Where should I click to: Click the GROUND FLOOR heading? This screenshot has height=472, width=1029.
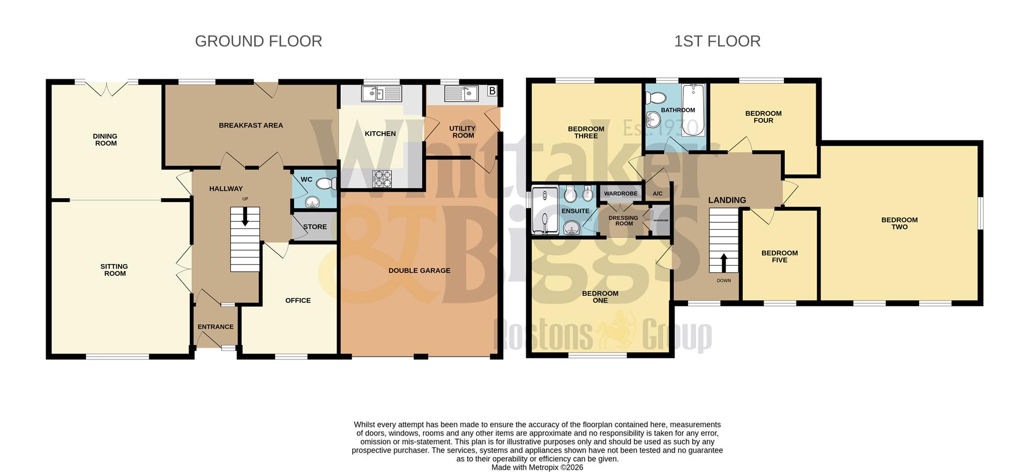(258, 41)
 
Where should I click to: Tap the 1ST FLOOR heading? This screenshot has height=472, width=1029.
(717, 41)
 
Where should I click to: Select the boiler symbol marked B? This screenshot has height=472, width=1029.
(492, 91)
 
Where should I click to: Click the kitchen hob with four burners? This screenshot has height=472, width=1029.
(382, 178)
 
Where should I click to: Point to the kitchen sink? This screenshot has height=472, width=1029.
(381, 94)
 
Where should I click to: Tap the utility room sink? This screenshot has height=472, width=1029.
(461, 94)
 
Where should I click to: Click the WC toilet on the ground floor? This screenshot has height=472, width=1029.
(326, 184)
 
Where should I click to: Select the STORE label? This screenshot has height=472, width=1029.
(315, 227)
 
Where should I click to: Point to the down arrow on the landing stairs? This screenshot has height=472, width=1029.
(724, 263)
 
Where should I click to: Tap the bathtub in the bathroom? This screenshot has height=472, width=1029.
(694, 109)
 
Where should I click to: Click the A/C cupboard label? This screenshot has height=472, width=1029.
(658, 193)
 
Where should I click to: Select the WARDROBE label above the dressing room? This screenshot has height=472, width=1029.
(621, 193)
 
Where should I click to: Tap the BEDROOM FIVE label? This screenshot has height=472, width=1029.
(779, 257)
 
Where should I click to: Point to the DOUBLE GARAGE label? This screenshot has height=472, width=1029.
(419, 271)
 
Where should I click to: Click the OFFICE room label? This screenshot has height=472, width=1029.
(298, 301)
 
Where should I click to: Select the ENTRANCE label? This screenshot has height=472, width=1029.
(215, 327)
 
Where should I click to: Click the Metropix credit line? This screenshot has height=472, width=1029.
(537, 467)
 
